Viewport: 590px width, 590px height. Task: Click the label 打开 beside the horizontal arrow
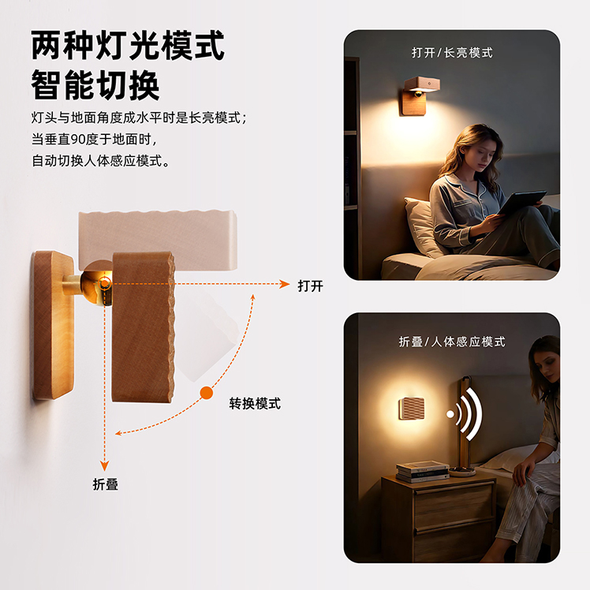click(311, 286)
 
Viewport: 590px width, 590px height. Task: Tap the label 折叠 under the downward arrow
click(106, 484)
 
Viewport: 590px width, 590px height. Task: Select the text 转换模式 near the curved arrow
click(255, 404)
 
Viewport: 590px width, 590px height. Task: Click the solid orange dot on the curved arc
click(206, 393)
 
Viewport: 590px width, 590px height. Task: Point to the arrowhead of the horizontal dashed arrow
click(285, 284)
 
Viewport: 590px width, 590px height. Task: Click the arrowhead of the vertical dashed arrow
click(105, 466)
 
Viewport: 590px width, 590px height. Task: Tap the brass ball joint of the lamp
click(96, 284)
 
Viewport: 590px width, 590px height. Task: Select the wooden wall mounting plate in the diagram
click(53, 324)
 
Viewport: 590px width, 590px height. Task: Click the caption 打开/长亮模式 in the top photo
click(452, 53)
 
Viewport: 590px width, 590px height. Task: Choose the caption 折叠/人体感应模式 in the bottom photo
click(452, 342)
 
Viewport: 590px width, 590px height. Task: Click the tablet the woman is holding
click(522, 202)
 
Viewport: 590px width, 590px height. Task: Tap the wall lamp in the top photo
click(419, 95)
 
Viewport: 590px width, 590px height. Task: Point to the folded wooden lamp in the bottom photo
click(411, 409)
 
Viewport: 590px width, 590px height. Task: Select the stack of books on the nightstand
click(422, 472)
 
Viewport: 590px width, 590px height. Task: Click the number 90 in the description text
click(78, 140)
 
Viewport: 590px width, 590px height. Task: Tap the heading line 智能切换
click(95, 85)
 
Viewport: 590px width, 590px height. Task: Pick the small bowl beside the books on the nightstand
click(461, 471)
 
